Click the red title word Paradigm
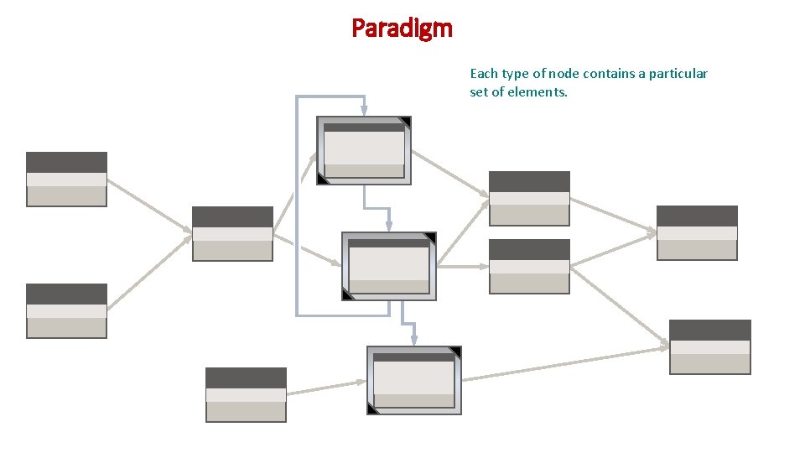tap(402, 28)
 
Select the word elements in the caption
tap(542, 91)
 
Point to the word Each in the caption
tap(484, 74)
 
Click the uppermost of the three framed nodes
tap(364, 150)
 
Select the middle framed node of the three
tap(388, 266)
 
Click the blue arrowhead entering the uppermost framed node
tap(364, 110)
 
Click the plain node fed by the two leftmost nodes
tap(232, 233)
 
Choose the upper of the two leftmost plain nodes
tap(66, 179)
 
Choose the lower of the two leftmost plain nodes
tap(66, 310)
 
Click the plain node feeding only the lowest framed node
tap(246, 394)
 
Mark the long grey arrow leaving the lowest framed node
tap(566, 362)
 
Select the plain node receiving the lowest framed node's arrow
tap(709, 346)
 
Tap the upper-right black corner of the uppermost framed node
tap(406, 122)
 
